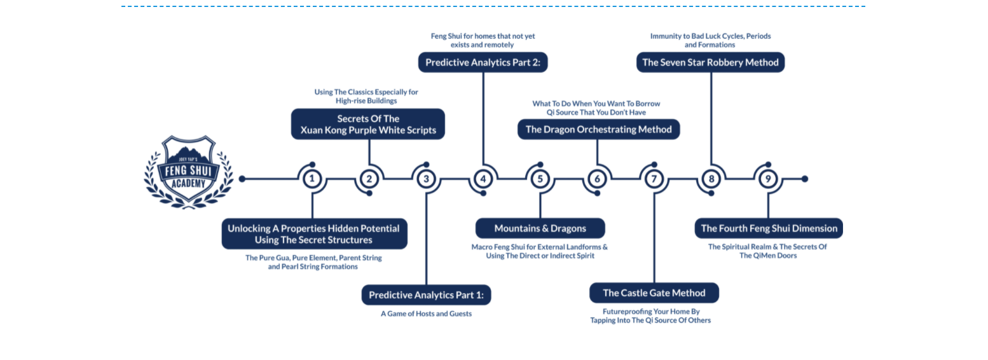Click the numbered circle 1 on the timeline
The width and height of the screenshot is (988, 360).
tap(312, 179)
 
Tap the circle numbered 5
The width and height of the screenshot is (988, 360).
tap(540, 179)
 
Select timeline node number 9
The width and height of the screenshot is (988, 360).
tap(769, 179)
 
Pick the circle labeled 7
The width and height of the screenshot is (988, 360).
tap(654, 179)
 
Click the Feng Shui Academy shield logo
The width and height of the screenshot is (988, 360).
tap(189, 172)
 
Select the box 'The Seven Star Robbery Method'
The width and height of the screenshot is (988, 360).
tap(711, 62)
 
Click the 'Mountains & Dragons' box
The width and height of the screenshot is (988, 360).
tap(540, 228)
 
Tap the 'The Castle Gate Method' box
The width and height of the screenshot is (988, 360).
tap(654, 293)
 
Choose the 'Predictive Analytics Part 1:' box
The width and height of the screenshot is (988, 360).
tap(426, 294)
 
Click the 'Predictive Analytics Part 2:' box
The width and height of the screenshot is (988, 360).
tap(483, 62)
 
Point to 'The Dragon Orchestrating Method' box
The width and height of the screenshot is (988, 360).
tap(598, 129)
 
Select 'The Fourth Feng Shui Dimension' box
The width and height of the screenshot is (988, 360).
tap(769, 228)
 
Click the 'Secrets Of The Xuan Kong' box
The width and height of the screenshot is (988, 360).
tap(368, 124)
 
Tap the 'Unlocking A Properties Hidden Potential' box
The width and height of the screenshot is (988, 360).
tap(315, 234)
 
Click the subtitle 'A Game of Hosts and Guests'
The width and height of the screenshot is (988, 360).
tap(426, 314)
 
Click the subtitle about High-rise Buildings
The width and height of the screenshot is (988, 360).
tap(366, 96)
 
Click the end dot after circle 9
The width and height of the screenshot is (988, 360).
tap(805, 179)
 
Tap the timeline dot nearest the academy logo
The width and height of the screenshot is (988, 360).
tap(242, 179)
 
